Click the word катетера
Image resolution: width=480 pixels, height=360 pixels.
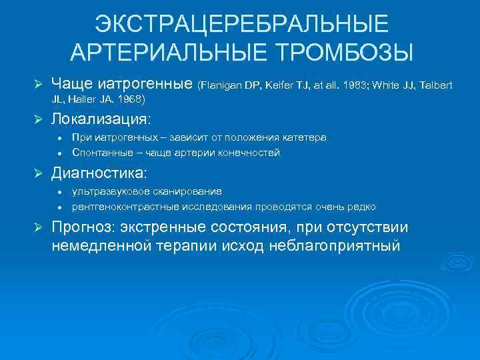click(x=304, y=137)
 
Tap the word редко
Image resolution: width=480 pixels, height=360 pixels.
click(x=362, y=207)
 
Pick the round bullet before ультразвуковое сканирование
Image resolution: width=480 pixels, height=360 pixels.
click(x=60, y=192)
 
